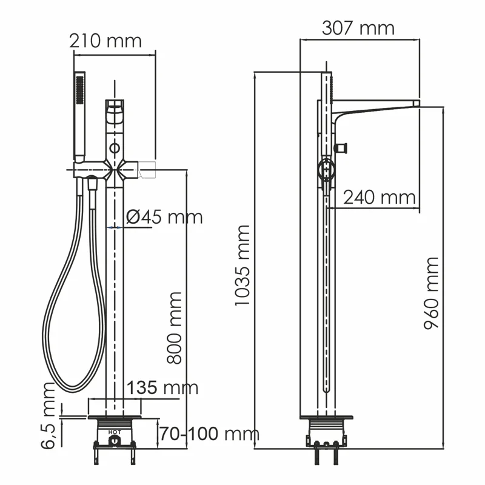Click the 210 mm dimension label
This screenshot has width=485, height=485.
[x=105, y=41]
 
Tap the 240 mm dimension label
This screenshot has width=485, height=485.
[x=380, y=197]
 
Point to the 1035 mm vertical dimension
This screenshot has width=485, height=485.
[x=242, y=265]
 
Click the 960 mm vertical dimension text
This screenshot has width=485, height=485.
[x=431, y=292]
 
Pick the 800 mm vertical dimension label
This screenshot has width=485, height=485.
[x=175, y=327]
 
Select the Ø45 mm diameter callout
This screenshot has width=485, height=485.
[x=164, y=216]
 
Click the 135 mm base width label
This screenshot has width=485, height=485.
[x=162, y=387]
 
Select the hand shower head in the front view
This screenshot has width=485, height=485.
[x=79, y=115]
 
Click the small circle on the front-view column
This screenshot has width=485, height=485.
[x=114, y=147]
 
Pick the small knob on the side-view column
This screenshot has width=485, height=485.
[x=341, y=147]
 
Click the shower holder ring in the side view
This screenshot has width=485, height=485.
[x=326, y=170]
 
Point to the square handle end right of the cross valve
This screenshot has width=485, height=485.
[x=149, y=169]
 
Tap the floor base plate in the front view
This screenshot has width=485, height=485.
[x=115, y=417]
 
